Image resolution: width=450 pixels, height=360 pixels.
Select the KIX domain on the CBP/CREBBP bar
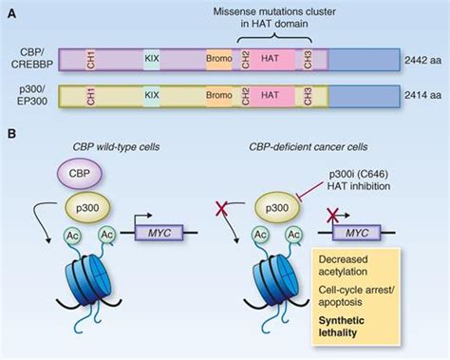[x=152, y=60]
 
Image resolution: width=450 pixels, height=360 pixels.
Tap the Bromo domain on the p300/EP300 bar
[x=219, y=95]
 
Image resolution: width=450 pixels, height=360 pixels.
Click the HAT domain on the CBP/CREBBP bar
[x=270, y=60]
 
